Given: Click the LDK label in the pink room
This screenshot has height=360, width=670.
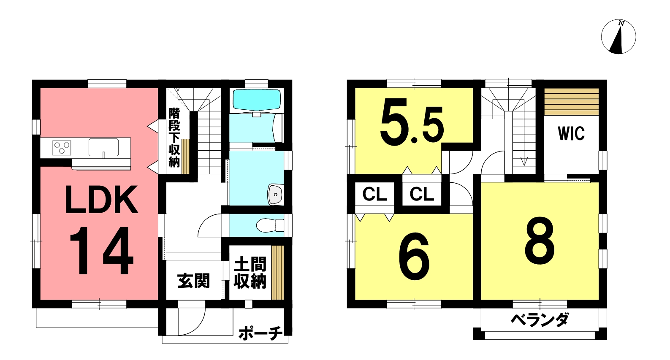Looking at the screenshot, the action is (x=102, y=200).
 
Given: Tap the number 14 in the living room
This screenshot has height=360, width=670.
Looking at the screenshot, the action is (x=101, y=250).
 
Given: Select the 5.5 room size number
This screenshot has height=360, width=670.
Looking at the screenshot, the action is (x=412, y=122).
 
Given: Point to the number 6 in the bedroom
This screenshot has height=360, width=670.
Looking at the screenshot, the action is (x=414, y=257).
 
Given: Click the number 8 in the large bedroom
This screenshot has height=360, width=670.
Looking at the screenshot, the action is (x=540, y=241).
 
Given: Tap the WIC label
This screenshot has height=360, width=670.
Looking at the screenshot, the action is (x=571, y=134).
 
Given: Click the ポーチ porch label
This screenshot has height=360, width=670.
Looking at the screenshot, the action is (x=260, y=334).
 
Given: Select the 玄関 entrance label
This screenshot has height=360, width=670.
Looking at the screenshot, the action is (x=193, y=281).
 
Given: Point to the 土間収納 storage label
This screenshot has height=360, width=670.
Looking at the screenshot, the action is (x=250, y=273).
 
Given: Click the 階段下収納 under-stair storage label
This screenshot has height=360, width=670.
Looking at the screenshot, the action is (x=174, y=138).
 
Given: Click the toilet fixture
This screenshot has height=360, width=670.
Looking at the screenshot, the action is (x=270, y=225).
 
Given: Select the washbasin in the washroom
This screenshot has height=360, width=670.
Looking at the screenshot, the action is (x=276, y=195).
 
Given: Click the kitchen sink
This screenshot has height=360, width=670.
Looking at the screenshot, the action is (x=103, y=147).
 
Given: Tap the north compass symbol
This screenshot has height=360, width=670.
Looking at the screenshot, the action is (x=618, y=37).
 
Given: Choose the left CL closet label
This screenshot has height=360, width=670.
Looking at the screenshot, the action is (x=375, y=194).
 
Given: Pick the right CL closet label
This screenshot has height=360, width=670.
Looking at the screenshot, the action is (x=422, y=194).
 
